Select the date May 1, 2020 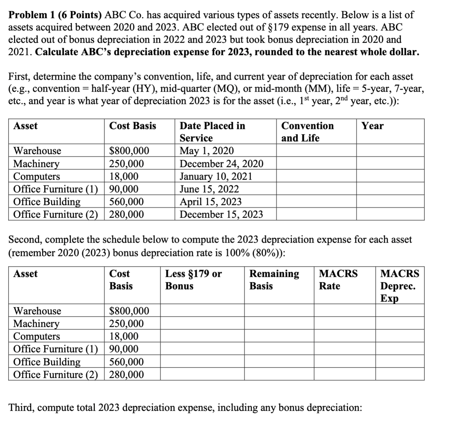click(207, 151)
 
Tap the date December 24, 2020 click(221, 164)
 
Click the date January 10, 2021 click(216, 176)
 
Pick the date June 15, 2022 click(209, 189)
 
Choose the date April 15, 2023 click(210, 202)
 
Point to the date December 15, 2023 click(221, 214)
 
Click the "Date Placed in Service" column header click(212, 132)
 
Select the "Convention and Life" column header click(307, 132)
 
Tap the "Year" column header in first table click(372, 126)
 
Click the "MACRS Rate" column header click(338, 280)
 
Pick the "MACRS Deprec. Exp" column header click(399, 286)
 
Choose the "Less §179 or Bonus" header click(193, 280)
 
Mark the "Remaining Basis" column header click(274, 280)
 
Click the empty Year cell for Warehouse click(390, 151)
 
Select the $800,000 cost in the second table click(129, 311)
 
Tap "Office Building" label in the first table click(47, 202)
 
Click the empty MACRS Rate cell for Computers click(345, 336)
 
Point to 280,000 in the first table click(127, 214)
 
